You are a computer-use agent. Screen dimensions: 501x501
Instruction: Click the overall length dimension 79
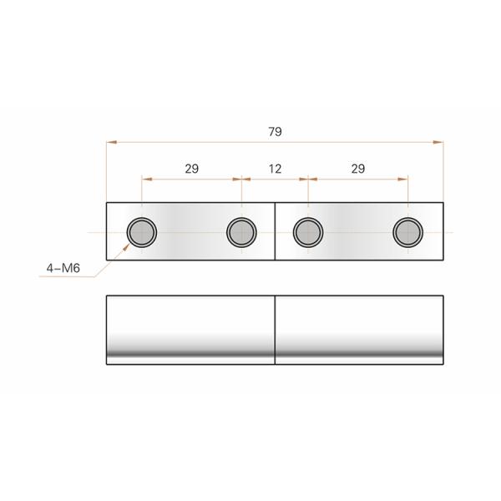(x=275, y=131)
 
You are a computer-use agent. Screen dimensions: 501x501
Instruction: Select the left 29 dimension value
(x=191, y=168)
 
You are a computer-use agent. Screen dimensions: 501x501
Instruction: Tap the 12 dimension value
(x=275, y=168)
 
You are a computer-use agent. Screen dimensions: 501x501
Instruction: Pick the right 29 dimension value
(x=357, y=168)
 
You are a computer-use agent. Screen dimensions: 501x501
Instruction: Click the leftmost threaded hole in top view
(x=141, y=231)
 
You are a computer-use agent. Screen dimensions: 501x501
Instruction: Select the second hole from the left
(x=241, y=231)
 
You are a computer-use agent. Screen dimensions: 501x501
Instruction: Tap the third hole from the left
(x=308, y=231)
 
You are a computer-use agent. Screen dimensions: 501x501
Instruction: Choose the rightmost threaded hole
(x=407, y=231)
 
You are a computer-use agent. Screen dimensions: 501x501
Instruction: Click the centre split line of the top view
(x=276, y=231)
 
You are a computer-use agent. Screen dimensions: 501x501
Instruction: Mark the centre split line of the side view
(x=276, y=329)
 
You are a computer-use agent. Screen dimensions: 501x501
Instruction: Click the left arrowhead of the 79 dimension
(x=109, y=142)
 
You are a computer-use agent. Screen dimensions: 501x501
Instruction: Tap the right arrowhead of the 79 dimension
(x=442, y=142)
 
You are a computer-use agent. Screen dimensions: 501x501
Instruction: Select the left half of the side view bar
(x=191, y=329)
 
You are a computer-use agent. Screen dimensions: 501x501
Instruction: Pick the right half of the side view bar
(x=359, y=329)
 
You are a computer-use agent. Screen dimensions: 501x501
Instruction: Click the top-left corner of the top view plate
(x=107, y=203)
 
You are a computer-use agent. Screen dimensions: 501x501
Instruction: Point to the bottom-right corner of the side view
(x=443, y=363)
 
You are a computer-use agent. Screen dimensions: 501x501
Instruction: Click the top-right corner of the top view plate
(x=443, y=203)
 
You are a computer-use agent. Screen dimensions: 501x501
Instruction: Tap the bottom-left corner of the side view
(x=107, y=363)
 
